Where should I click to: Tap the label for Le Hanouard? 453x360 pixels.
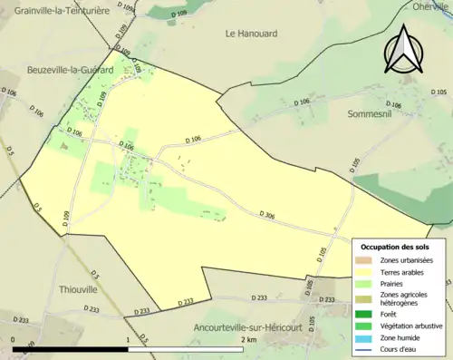point(252,34)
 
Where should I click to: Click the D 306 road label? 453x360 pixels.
point(267,215)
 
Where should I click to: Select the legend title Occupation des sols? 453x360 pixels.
point(395,246)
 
